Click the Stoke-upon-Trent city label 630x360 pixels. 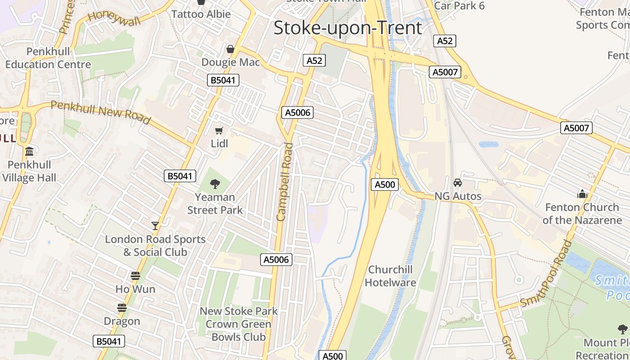(347, 28)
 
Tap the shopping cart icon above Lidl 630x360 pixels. (219, 131)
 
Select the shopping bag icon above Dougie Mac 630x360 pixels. (230, 49)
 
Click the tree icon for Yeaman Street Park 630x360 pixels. (215, 184)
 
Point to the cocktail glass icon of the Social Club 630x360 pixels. (155, 225)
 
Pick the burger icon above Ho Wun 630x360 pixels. (135, 276)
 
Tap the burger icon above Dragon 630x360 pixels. (122, 308)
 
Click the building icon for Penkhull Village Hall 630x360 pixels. (30, 151)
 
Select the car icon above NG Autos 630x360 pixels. (458, 183)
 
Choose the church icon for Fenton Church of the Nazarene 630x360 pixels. (582, 194)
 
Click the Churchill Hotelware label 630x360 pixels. (390, 276)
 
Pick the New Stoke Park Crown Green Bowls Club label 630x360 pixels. (238, 324)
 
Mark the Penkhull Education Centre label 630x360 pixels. (48, 58)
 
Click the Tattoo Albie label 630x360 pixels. (201, 14)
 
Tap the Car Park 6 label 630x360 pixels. (459, 5)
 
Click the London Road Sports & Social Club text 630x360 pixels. (155, 245)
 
